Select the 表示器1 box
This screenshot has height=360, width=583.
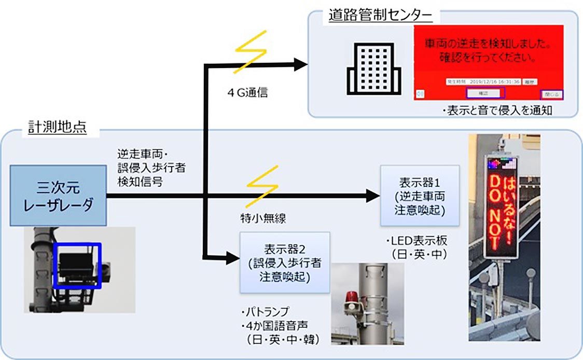click(x=419, y=196)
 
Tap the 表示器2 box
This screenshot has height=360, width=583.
click(x=285, y=262)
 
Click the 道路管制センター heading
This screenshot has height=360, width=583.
click(x=380, y=16)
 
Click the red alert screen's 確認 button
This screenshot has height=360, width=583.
click(x=485, y=92)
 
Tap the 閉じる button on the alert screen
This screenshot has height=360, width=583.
click(x=551, y=94)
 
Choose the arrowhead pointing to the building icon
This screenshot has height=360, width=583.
click(x=300, y=64)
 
